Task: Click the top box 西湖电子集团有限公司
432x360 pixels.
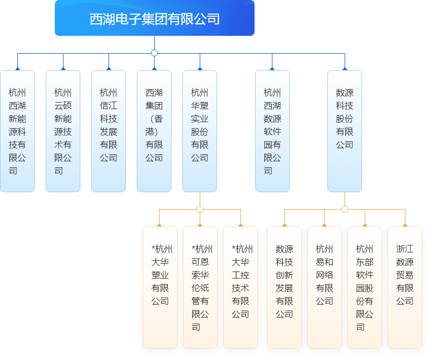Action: (x=155, y=19)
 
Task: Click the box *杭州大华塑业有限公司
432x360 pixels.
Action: (x=160, y=287)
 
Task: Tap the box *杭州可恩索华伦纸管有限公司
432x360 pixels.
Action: (x=200, y=287)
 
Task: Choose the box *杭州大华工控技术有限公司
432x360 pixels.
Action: (x=240, y=287)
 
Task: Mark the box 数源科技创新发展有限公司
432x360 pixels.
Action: (x=284, y=287)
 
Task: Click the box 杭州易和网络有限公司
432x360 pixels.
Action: (x=325, y=287)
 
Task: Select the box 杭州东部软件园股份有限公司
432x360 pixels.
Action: (x=365, y=287)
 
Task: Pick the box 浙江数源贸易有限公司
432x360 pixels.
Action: (x=405, y=287)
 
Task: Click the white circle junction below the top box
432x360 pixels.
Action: (x=154, y=53)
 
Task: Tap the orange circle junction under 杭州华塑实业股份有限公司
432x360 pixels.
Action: (x=200, y=209)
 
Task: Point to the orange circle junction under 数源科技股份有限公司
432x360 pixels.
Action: (x=345, y=209)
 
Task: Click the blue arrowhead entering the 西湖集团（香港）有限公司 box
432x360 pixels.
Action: (x=154, y=68)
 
